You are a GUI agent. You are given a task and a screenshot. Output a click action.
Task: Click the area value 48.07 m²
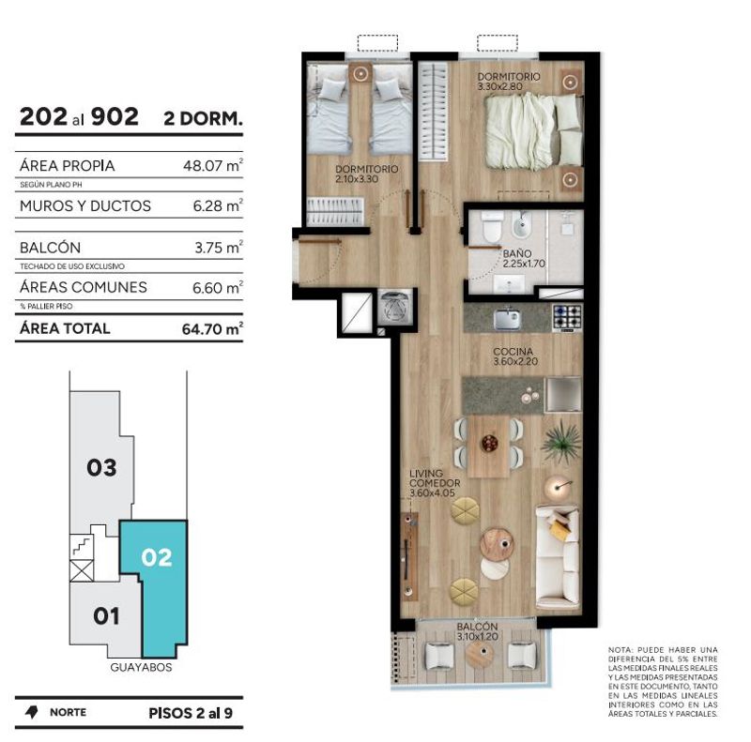pyautogui.click(x=213, y=165)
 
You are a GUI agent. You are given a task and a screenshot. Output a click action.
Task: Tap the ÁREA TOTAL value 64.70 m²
pyautogui.click(x=212, y=328)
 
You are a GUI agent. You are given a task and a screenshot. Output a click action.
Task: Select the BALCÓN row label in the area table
pyautogui.click(x=51, y=248)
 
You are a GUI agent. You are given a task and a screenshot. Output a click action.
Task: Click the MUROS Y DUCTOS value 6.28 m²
pyautogui.click(x=218, y=205)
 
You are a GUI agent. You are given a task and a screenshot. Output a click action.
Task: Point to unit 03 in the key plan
pyautogui.click(x=101, y=467)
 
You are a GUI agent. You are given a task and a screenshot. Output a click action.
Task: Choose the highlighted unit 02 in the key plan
pyautogui.click(x=157, y=558)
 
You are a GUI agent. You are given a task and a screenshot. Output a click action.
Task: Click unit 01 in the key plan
pyautogui.click(x=106, y=616)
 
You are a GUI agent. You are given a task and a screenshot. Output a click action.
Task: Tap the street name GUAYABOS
pyautogui.click(x=141, y=667)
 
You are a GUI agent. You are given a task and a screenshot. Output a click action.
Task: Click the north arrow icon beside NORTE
pyautogui.click(x=32, y=712)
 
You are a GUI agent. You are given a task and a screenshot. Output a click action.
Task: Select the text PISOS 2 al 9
pyautogui.click(x=191, y=713)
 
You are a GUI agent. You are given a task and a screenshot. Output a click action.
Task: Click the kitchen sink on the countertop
pyautogui.click(x=508, y=318)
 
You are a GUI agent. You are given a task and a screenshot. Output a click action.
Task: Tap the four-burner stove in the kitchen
pyautogui.click(x=568, y=317)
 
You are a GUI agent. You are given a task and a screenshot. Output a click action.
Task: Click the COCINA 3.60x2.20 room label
pyautogui.click(x=515, y=356)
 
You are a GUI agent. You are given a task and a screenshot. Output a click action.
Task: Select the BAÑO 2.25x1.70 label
pyautogui.click(x=524, y=259)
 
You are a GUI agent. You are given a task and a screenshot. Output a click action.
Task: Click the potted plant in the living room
pyautogui.click(x=561, y=442)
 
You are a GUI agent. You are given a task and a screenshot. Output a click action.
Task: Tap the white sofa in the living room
pyautogui.click(x=557, y=555)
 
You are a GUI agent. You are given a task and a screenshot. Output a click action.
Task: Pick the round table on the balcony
pyautogui.click(x=480, y=654)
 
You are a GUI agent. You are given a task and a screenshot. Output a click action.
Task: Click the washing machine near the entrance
pyautogui.click(x=395, y=307)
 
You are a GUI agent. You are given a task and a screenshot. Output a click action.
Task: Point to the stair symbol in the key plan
pyautogui.click(x=82, y=546)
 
